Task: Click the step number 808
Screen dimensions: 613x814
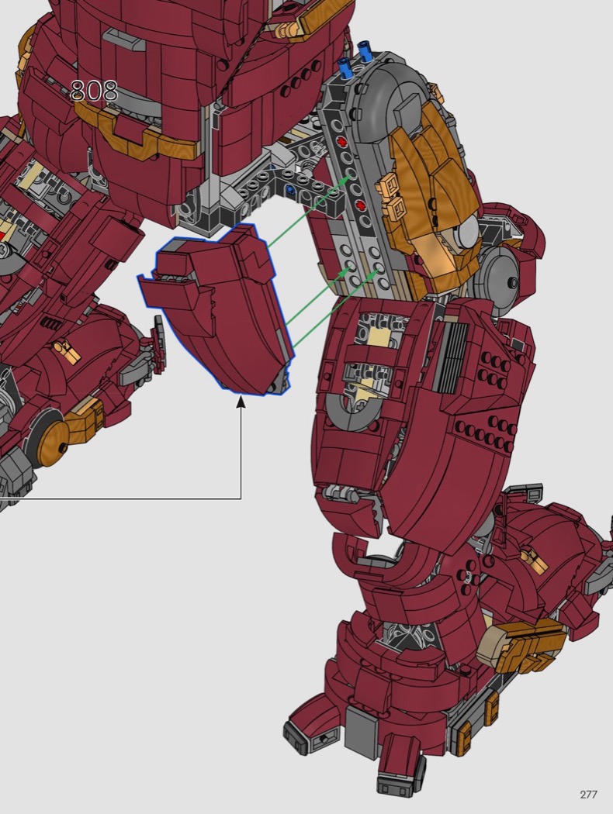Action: [94, 91]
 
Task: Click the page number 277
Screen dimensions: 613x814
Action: [588, 795]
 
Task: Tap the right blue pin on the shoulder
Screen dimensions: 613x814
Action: [365, 53]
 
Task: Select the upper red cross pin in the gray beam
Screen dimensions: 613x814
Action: [341, 141]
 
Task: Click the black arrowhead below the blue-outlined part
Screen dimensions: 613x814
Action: [241, 402]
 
